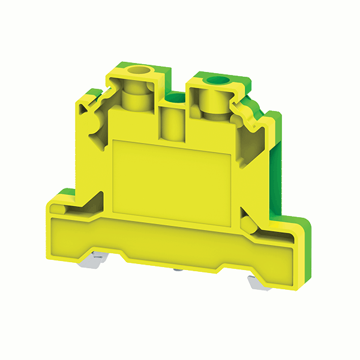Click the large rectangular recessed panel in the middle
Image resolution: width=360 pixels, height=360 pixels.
coord(172,174)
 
